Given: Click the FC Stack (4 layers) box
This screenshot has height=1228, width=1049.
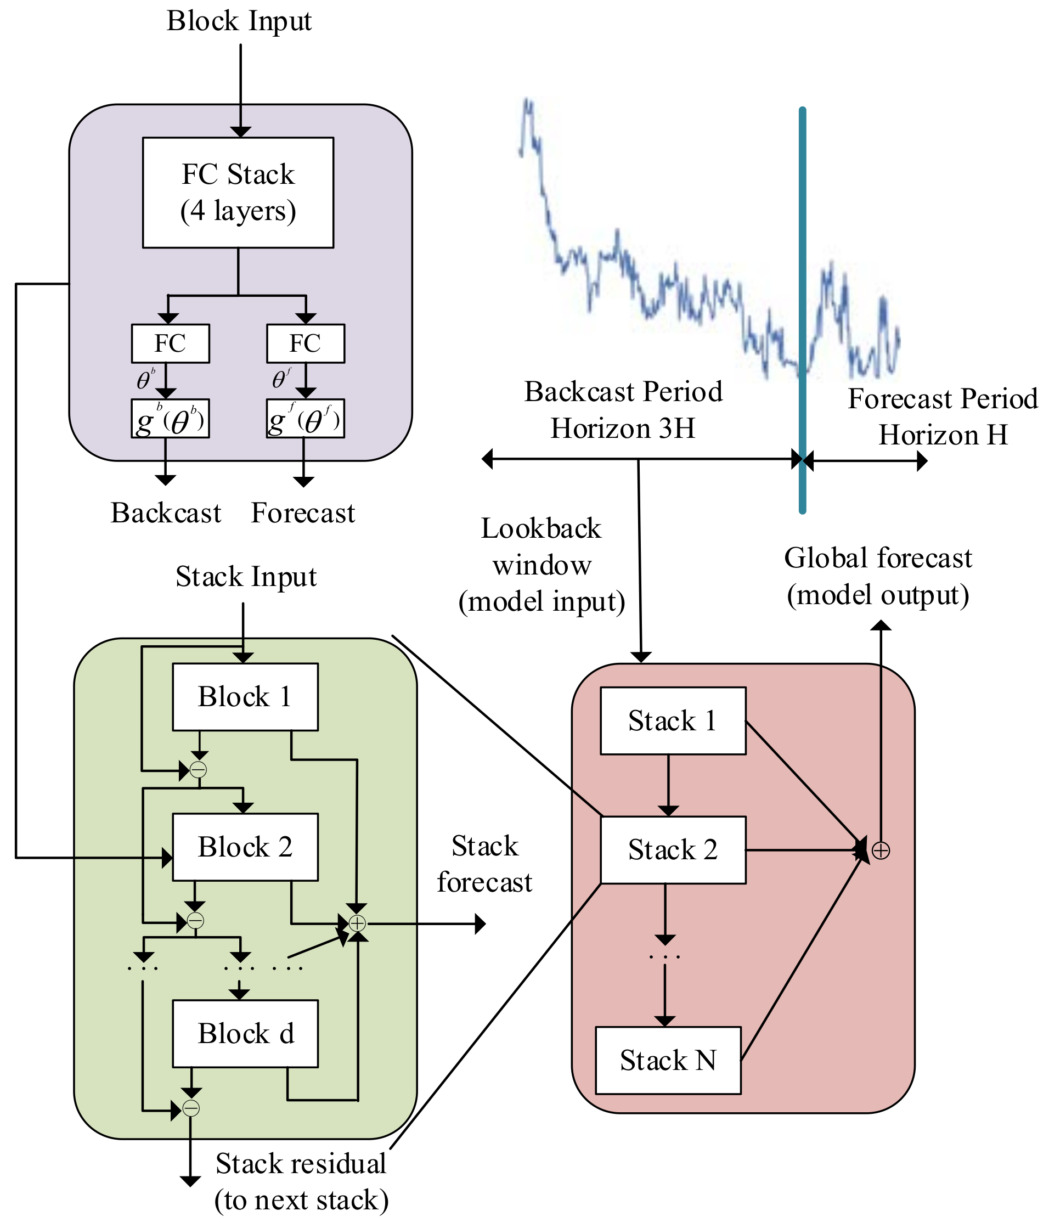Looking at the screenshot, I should click(x=238, y=193).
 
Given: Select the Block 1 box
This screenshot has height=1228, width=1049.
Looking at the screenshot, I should click(x=245, y=696).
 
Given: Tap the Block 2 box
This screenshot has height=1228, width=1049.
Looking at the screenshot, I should click(x=245, y=847).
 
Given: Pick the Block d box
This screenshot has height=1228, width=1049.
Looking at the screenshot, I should click(x=245, y=1034).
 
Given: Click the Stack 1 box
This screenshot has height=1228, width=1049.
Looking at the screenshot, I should click(x=673, y=720).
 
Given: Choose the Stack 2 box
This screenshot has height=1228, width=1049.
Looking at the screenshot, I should click(x=673, y=850).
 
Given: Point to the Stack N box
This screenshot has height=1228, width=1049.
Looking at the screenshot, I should click(x=668, y=1060).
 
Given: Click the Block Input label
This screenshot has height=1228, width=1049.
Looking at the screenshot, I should click(x=239, y=21).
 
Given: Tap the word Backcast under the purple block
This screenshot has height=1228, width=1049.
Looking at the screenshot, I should click(x=166, y=513).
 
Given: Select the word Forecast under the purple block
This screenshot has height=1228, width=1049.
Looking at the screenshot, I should click(x=303, y=513).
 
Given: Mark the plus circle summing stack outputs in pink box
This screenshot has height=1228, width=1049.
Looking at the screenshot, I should click(x=881, y=850).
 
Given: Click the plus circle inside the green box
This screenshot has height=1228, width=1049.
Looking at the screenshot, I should click(x=357, y=923).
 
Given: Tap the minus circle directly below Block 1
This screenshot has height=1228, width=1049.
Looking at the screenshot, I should click(x=198, y=770).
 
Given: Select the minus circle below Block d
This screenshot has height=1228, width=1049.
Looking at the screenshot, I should click(x=191, y=1108).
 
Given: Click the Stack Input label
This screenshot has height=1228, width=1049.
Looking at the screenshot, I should click(x=246, y=577).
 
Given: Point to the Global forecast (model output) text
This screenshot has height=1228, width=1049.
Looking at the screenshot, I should click(x=878, y=576).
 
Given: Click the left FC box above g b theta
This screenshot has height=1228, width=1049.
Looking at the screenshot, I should click(x=170, y=343).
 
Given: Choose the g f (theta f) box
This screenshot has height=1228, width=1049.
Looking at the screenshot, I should click(x=305, y=419).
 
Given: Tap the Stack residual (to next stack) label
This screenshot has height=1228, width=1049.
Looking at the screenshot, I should click(x=301, y=1182).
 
